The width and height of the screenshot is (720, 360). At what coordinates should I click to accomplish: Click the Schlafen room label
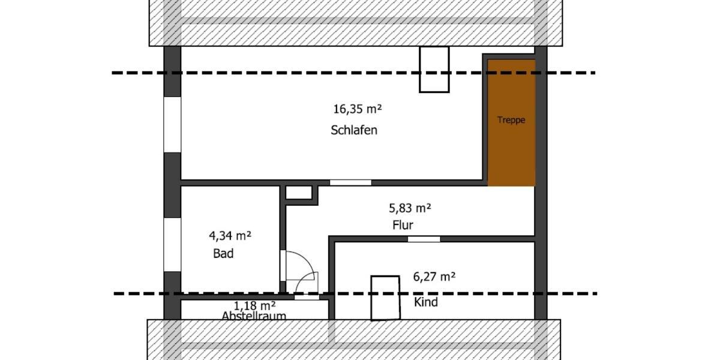pyautogui.click(x=354, y=130)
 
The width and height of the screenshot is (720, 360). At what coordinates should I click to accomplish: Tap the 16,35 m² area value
pyautogui.click(x=358, y=109)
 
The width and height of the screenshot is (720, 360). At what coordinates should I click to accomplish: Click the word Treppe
pyautogui.click(x=511, y=120)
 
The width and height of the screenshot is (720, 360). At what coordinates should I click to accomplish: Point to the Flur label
pyautogui.click(x=403, y=226)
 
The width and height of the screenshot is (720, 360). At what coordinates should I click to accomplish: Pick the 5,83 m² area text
pyautogui.click(x=410, y=209)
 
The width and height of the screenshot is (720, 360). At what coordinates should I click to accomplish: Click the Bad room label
pyautogui.click(x=223, y=254)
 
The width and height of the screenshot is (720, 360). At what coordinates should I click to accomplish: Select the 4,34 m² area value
pyautogui.click(x=230, y=235)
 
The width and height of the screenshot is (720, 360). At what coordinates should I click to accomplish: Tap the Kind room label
pyautogui.click(x=426, y=302)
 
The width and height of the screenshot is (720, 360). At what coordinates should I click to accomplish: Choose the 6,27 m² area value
pyautogui.click(x=434, y=277)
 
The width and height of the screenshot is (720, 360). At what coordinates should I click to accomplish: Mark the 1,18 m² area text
pyautogui.click(x=255, y=305)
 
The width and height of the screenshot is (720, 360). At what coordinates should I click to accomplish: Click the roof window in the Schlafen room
pyautogui.click(x=434, y=70)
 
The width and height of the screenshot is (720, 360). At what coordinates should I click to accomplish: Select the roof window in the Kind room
pyautogui.click(x=385, y=298)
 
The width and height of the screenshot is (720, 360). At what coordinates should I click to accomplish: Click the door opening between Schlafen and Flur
pyautogui.click(x=350, y=182)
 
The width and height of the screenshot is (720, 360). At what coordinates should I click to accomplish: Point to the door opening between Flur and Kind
pyautogui.click(x=424, y=239)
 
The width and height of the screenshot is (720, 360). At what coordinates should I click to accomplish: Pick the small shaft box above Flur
pyautogui.click(x=299, y=193)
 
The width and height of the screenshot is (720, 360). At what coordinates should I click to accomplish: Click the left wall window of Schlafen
pyautogui.click(x=172, y=124)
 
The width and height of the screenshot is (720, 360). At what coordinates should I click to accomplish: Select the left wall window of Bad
pyautogui.click(x=172, y=244)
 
